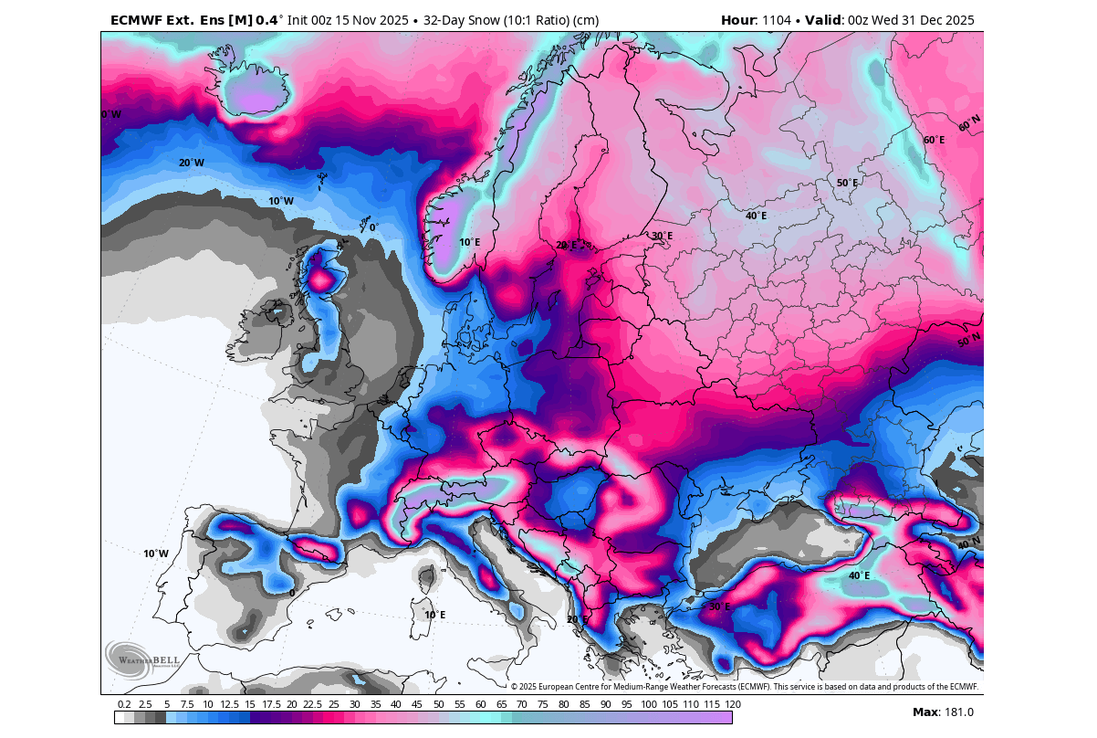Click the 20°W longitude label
(x=191, y=163)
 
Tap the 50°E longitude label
(x=847, y=183)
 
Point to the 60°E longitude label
(x=934, y=140)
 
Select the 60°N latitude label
(x=968, y=121)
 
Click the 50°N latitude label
(x=968, y=341)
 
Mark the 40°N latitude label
(x=968, y=544)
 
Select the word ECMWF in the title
(x=138, y=20)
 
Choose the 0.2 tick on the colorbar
(x=124, y=704)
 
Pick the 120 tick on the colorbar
(x=732, y=704)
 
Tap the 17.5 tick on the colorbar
(x=271, y=704)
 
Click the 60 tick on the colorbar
(x=480, y=704)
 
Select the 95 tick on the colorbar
(x=627, y=704)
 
